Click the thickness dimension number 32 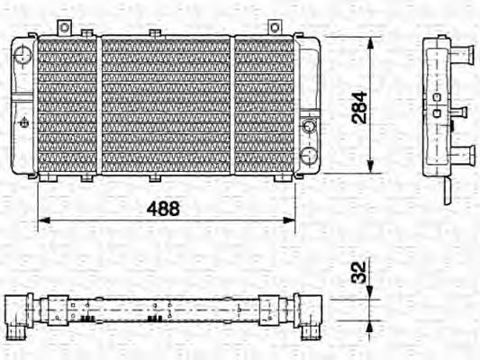[x=358, y=271]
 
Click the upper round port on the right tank [x=309, y=125]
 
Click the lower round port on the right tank [x=309, y=155]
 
